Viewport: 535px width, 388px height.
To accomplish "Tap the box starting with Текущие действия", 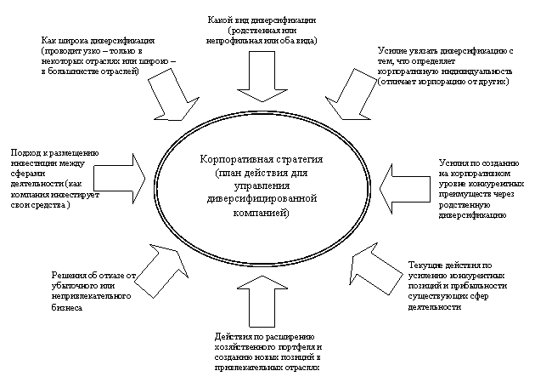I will click(457, 284).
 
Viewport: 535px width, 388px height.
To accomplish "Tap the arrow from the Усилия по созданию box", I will click(397, 180).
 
